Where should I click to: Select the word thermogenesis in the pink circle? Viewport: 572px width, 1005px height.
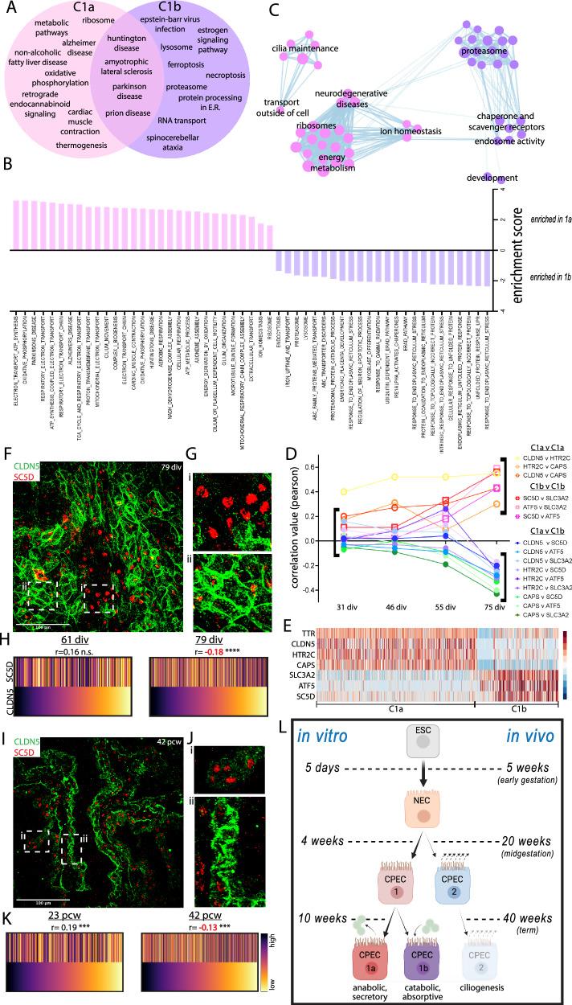pos(82,145)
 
